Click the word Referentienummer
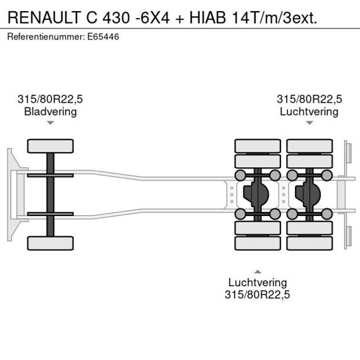(x=45, y=37)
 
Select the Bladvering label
(x=50, y=111)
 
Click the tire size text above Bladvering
(x=50, y=99)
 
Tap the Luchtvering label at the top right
(x=309, y=111)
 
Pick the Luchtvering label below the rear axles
(x=257, y=283)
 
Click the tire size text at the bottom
(x=257, y=295)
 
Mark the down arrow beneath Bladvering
(x=50, y=123)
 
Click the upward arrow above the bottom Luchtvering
(x=257, y=271)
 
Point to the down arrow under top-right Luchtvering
(x=309, y=123)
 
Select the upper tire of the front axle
(x=50, y=146)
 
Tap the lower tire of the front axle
(x=50, y=243)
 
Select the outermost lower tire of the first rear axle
(x=257, y=243)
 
